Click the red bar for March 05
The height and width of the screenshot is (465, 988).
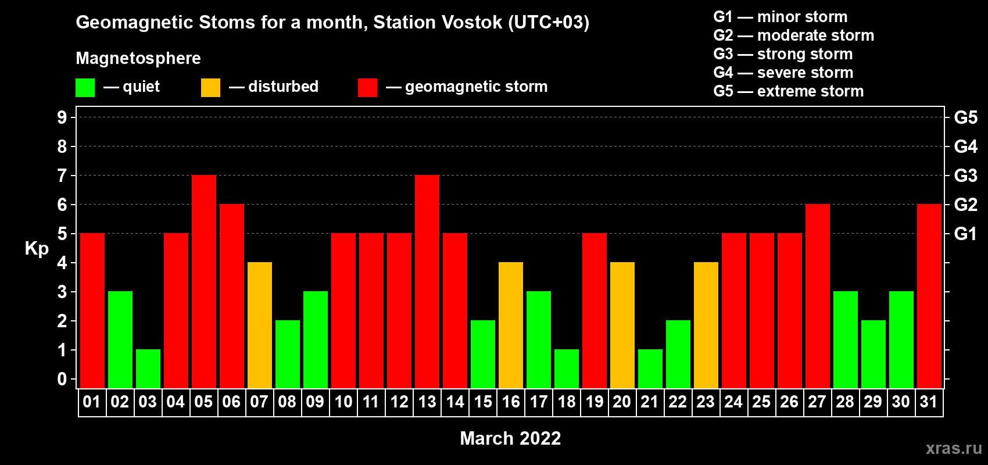pos(204,281)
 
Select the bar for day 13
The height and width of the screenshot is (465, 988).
pos(427,281)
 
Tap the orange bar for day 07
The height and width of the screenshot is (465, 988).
pos(260,325)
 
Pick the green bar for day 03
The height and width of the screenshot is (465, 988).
pos(148,369)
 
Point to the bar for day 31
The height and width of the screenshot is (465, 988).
pos(929,296)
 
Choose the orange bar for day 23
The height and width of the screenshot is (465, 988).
pos(706,325)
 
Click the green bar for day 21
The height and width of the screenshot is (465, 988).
pos(650,369)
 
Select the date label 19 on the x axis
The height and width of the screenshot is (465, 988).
pos(594,402)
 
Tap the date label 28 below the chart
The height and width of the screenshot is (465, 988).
pos(845,402)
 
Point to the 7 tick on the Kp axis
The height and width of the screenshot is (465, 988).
pos(62,176)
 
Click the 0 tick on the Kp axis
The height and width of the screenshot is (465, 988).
pos(62,379)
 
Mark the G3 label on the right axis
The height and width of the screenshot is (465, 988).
pos(965,176)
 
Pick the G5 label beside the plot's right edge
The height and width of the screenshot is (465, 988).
pos(965,117)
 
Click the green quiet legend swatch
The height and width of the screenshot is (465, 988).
pos(85,87)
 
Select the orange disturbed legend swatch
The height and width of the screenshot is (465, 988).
pos(210,87)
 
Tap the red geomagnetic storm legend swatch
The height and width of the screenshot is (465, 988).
pos(368,87)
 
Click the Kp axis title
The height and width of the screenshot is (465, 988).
pos(37,249)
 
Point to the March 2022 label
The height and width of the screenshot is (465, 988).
pos(510,438)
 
